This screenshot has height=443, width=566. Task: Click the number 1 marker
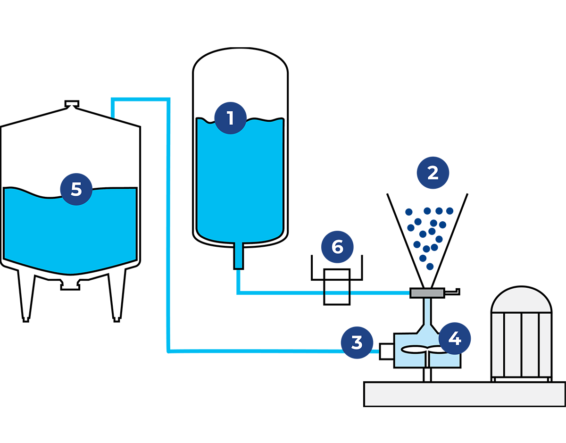pyautogui.click(x=230, y=117)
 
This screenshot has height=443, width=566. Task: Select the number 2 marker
pyautogui.click(x=433, y=172)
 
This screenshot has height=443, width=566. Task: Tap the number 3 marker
pyautogui.click(x=357, y=343)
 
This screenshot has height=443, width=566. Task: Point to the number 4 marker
pyautogui.click(x=454, y=338)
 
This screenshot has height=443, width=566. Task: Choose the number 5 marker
pyautogui.click(x=76, y=188)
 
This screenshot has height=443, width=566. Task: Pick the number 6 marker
pyautogui.click(x=337, y=247)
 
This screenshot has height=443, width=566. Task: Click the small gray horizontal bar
pyautogui.click(x=427, y=293)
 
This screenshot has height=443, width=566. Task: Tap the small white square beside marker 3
pyautogui.click(x=387, y=351)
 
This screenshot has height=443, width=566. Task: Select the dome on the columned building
pyautogui.click(x=521, y=300)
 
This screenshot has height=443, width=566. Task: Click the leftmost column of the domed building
pyautogui.click(x=498, y=344)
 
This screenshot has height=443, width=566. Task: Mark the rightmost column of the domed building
pyautogui.click(x=545, y=344)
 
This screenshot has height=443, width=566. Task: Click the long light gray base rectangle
pyautogui.click(x=465, y=394)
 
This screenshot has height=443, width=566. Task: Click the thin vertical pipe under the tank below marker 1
pyautogui.click(x=238, y=255)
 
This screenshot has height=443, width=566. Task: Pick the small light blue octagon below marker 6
pyautogui.click(x=336, y=292)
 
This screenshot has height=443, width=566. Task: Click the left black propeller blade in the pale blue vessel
pyautogui.click(x=414, y=350)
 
